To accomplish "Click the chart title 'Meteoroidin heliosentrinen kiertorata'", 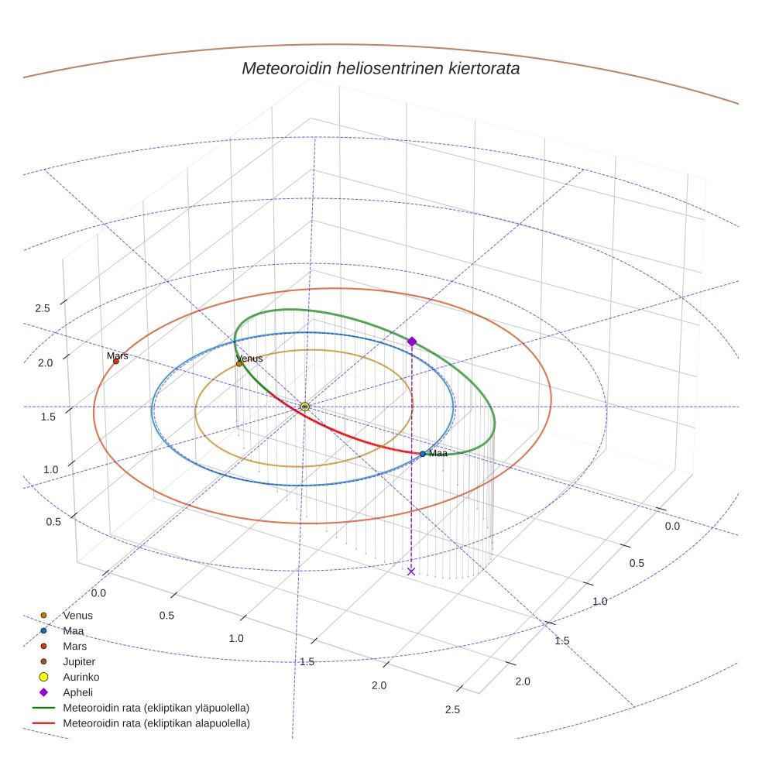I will coord(380,68).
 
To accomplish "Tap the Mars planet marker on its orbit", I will coord(115,361).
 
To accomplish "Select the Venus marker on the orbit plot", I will coord(239,363).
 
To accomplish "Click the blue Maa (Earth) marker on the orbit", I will coord(422,453).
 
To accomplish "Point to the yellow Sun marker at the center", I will coord(304,407).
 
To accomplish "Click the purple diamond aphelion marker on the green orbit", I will coord(412,342).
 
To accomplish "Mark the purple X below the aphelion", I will coord(411,571).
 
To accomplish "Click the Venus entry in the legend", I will coord(77,615).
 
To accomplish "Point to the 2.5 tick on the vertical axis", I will coord(43,308).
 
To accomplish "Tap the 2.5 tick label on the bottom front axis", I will coord(452,710).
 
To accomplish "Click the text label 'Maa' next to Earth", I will coord(438,454).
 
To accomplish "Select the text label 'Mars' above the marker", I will coord(118,355).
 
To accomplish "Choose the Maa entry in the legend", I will coord(73,630).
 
